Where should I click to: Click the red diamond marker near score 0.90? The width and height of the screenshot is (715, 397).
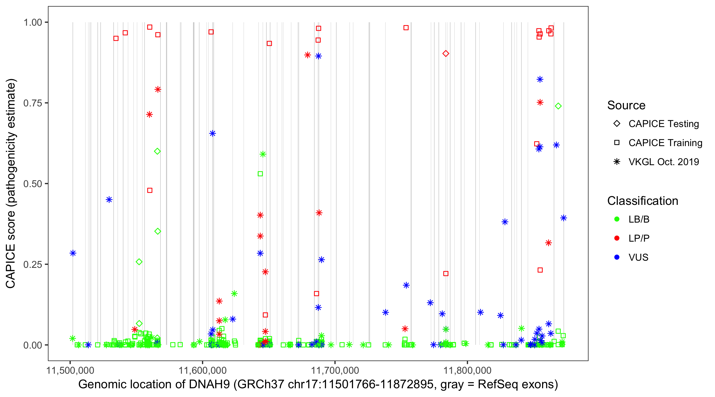(x=445, y=53)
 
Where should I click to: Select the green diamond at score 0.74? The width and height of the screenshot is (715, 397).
(x=558, y=106)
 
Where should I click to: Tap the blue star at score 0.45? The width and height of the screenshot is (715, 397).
(x=109, y=200)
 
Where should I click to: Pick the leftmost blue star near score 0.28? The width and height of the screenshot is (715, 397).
(x=73, y=253)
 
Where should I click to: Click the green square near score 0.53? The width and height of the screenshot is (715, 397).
(x=260, y=174)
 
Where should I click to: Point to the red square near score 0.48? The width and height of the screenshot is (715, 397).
(x=150, y=190)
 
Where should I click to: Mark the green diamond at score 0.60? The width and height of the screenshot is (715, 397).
(x=157, y=151)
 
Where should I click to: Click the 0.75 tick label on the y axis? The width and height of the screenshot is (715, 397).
(x=32, y=103)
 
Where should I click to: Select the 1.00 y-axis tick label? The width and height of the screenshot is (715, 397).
(x=32, y=22)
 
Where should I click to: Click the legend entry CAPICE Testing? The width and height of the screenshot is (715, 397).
(x=663, y=124)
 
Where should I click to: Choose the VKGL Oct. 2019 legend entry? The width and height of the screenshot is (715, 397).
(x=663, y=162)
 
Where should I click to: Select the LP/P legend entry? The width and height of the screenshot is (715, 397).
(x=639, y=238)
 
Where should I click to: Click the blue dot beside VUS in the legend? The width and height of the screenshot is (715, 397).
(x=617, y=257)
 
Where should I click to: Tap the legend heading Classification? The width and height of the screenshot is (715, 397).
(x=642, y=201)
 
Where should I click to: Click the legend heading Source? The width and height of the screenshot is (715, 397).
(x=626, y=105)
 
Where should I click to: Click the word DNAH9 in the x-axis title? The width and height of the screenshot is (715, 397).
(x=209, y=385)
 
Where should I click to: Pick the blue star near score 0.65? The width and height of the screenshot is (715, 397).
(x=212, y=133)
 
